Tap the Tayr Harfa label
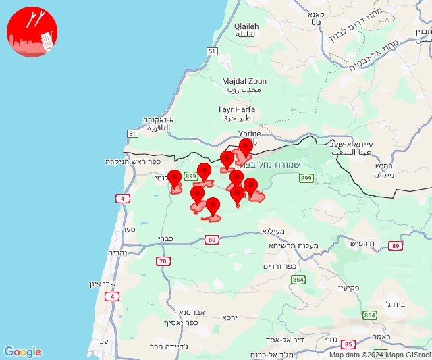235,113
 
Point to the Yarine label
250,134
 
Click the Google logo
22,352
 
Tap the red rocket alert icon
32,32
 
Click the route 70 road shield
163,261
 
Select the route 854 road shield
298,279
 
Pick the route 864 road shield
369,315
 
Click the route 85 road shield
348,344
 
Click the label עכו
102,340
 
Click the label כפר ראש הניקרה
131,162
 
